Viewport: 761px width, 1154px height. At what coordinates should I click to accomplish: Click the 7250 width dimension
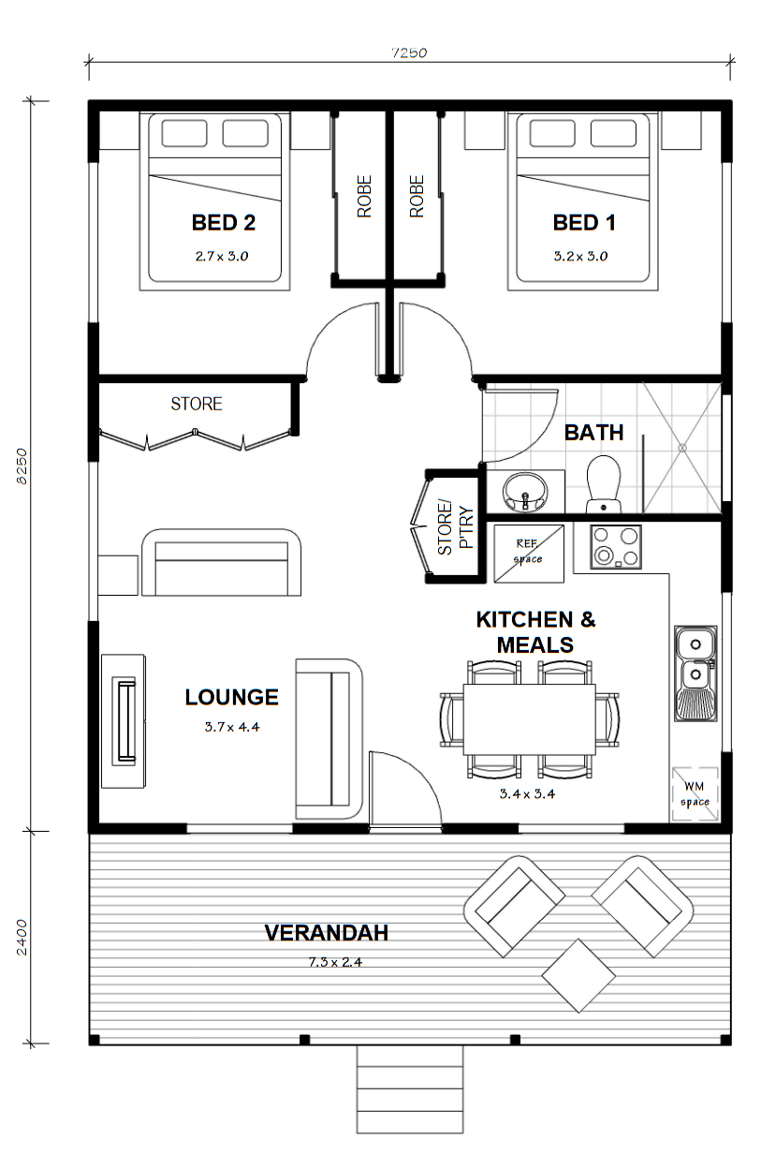point(409,52)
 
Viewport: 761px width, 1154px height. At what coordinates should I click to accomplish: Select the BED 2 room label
point(224,223)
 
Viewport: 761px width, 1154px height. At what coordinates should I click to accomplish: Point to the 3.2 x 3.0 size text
point(580,256)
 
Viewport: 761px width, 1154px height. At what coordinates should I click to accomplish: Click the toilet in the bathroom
point(604,483)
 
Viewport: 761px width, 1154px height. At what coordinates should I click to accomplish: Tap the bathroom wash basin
point(525,493)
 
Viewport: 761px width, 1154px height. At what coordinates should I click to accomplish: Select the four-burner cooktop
point(616,547)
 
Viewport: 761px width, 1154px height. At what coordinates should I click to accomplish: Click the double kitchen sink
point(695,673)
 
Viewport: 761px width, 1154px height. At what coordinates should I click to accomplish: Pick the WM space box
point(695,794)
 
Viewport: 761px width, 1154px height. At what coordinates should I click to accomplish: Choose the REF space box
point(529,554)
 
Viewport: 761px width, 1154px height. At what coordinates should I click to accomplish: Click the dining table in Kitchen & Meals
point(529,719)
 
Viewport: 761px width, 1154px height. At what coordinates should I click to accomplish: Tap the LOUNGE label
point(232,697)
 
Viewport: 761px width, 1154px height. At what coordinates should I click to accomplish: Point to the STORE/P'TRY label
point(455,527)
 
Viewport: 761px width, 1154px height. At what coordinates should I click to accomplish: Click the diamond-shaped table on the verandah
point(578,975)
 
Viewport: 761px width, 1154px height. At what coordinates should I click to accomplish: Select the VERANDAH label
point(327,933)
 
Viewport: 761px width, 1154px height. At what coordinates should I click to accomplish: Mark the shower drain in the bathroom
point(682,448)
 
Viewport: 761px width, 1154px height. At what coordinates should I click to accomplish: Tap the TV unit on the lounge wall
point(124,720)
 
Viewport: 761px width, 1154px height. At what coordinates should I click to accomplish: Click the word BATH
point(594,432)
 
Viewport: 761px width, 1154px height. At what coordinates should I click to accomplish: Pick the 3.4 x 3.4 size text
point(527,793)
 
